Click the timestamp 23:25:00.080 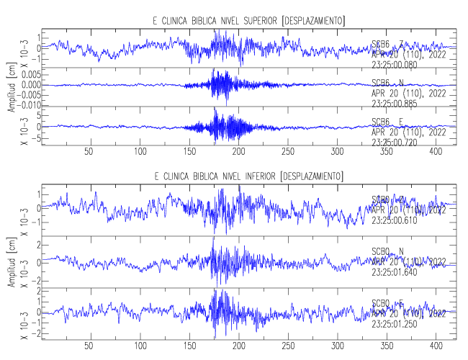click(398, 63)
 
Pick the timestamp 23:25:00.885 click(398, 103)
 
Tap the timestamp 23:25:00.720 click(398, 142)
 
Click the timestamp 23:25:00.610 click(398, 220)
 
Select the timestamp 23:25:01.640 click(398, 273)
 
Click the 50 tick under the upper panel click(89, 152)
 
